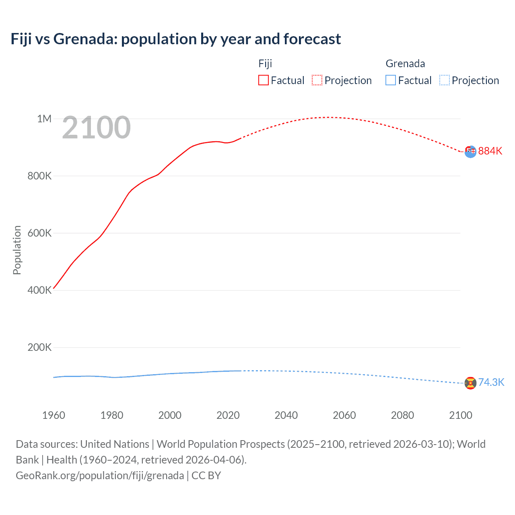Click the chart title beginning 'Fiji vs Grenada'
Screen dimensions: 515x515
pos(176,39)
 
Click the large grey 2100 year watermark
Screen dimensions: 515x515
pos(97,128)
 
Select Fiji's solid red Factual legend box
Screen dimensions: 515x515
pos(263,80)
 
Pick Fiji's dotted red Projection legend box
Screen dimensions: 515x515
pos(317,80)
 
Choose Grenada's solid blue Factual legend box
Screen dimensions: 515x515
pos(391,80)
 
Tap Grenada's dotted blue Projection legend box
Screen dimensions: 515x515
pos(445,80)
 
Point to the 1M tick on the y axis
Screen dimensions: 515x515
pos(44,119)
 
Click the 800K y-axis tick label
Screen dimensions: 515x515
pos(39,176)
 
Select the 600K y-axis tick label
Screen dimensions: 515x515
pos(39,233)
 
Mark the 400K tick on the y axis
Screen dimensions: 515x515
pos(39,290)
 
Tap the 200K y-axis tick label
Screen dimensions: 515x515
pos(39,347)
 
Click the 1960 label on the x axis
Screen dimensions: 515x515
pos(54,415)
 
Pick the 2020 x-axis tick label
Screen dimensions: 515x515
pos(228,415)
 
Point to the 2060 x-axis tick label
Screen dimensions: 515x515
pos(344,415)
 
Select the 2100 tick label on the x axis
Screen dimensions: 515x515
pos(461,415)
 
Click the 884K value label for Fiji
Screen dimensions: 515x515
pos(490,151)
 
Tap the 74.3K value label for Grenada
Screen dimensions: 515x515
pos(491,382)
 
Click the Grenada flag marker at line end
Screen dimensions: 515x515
pos(470,383)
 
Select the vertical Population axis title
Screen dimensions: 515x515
pos(17,250)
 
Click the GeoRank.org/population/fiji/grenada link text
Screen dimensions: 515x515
pos(100,476)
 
